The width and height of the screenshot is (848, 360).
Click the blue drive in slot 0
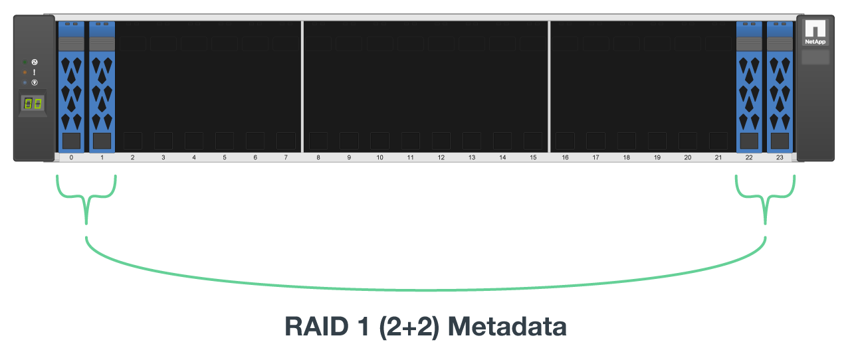click(71, 86)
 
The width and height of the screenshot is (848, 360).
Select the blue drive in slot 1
click(102, 86)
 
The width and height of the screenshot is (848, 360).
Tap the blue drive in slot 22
click(749, 86)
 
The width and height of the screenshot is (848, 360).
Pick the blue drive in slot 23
click(780, 86)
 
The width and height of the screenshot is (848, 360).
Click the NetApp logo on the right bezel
click(815, 32)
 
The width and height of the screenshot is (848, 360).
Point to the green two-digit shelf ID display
click(33, 104)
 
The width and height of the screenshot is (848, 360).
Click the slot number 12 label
click(441, 158)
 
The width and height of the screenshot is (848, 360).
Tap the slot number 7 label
click(286, 158)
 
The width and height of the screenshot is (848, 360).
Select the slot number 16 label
click(565, 158)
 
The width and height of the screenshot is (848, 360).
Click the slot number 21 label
click(718, 158)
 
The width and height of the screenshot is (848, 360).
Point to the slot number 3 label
click(163, 158)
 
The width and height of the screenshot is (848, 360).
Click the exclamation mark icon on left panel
click(34, 72)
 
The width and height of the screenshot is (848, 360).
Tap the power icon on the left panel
click(34, 62)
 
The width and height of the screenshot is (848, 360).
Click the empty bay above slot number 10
click(379, 86)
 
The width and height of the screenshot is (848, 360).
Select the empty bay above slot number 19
click(657, 86)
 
